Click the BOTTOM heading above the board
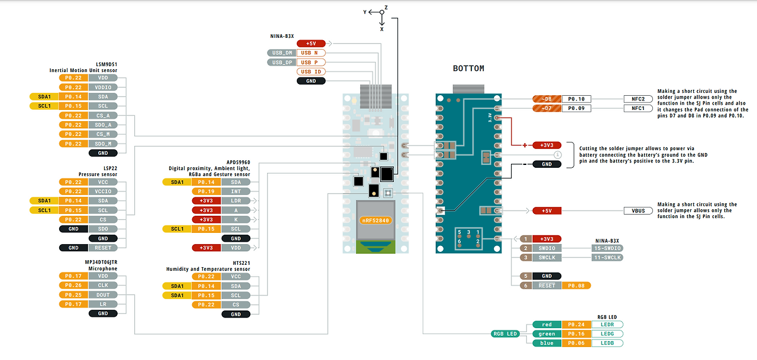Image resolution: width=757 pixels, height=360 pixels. point(468,69)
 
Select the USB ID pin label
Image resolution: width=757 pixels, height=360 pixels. point(310,72)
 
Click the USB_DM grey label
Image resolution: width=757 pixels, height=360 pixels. point(281,53)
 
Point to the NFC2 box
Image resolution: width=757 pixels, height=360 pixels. point(638,99)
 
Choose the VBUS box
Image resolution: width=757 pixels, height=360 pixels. point(638,210)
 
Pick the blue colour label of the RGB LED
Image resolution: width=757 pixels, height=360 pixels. point(546,343)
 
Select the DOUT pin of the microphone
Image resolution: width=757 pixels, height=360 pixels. point(103,295)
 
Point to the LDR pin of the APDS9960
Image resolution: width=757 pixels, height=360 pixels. point(235,201)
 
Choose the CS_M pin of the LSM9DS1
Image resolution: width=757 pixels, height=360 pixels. point(103,134)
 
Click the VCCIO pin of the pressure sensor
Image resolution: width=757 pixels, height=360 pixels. point(103,192)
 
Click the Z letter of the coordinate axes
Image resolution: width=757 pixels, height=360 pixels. point(386,8)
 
